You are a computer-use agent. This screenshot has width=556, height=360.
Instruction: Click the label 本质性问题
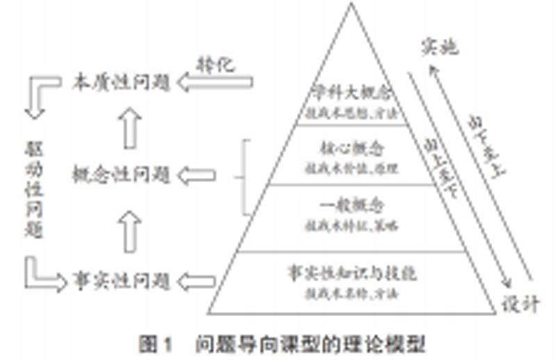click(122, 83)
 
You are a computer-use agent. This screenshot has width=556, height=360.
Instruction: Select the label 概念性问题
click(122, 175)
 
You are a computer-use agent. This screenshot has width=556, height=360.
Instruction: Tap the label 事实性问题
click(122, 281)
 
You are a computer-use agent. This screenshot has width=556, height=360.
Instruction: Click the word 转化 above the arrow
click(216, 65)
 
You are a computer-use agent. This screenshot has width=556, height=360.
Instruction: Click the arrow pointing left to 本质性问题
click(215, 83)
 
